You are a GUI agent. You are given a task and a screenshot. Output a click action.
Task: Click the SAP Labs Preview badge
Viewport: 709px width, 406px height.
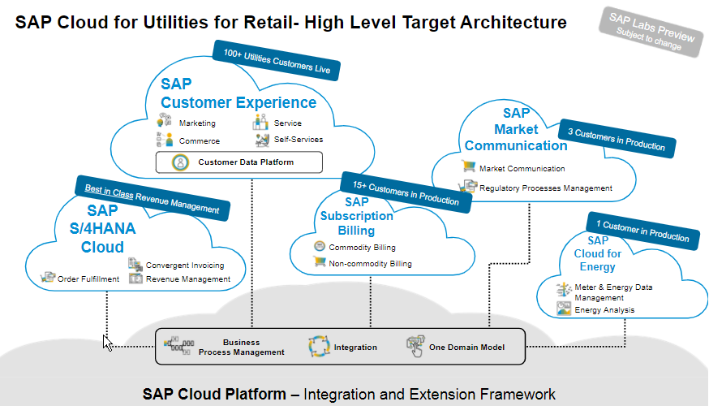[652, 32]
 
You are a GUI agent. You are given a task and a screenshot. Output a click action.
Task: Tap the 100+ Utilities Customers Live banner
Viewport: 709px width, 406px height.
[276, 62]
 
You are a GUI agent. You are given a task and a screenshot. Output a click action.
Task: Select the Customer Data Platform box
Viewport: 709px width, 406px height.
[238, 162]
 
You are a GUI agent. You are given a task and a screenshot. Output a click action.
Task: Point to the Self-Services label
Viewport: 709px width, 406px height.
[299, 140]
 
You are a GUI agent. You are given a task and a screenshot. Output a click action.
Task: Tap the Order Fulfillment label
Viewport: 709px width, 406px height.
[88, 279]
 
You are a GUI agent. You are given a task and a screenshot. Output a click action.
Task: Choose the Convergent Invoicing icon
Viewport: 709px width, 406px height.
[135, 265]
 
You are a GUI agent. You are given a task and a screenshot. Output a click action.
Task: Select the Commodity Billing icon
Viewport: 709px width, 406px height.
[320, 247]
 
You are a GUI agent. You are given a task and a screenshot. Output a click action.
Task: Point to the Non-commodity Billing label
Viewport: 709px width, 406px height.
[370, 264]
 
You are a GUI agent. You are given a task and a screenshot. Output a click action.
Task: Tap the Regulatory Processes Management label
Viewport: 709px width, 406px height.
[545, 188]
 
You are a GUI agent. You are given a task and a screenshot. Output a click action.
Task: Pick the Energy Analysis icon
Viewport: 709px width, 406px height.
[564, 309]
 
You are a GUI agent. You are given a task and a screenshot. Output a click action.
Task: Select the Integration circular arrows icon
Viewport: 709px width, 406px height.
[319, 347]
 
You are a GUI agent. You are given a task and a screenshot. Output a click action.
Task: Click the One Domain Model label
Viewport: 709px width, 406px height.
[466, 348]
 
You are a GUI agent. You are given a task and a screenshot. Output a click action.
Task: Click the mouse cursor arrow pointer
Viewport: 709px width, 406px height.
[108, 342]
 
